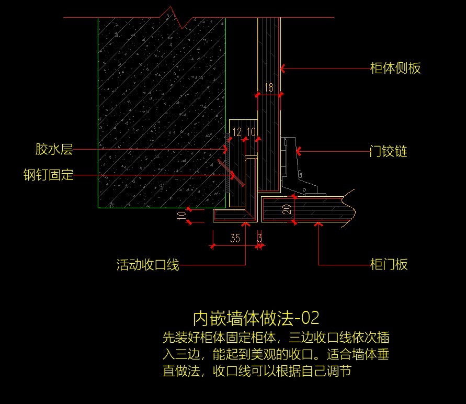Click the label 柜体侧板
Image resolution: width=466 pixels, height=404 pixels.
(x=395, y=68)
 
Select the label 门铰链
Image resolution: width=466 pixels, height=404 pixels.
(x=388, y=152)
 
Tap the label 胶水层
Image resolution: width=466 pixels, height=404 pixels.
(x=54, y=150)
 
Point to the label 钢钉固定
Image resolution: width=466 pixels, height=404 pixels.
(x=49, y=175)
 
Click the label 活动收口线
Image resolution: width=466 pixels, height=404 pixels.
(x=147, y=265)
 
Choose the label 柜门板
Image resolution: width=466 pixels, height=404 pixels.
(x=388, y=264)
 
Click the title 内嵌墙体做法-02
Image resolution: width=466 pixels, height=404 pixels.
(x=256, y=318)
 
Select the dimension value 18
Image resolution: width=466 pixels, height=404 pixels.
(x=268, y=88)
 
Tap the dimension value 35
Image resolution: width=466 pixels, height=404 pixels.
(x=235, y=239)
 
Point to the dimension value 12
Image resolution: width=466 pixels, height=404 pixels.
(x=237, y=132)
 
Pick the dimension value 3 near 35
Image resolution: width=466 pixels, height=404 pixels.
(x=259, y=239)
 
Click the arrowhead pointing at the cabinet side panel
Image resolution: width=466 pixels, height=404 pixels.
(x=283, y=68)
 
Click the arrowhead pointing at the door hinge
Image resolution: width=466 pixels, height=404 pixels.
(x=299, y=152)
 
